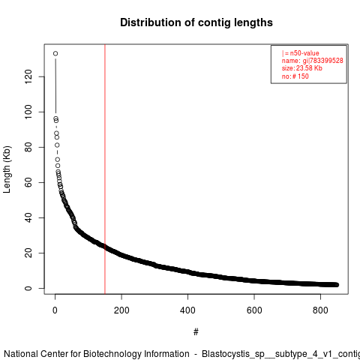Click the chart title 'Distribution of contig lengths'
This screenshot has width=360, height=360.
point(196,22)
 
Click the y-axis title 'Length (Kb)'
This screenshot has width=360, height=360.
point(7,169)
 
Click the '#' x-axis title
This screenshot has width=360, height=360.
point(196,332)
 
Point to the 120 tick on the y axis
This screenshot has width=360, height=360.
point(28,76)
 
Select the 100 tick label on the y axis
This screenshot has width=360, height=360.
point(28,112)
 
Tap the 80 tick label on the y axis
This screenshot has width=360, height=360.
point(28,147)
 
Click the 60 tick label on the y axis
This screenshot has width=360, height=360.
point(28,182)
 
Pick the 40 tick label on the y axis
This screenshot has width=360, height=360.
point(28,217)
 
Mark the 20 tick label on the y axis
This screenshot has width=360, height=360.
point(28,253)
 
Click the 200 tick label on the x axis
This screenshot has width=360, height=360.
point(121,310)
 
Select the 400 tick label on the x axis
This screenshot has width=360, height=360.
point(187,310)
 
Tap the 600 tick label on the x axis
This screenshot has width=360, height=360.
point(254,310)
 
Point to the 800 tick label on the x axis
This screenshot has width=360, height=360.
point(320,310)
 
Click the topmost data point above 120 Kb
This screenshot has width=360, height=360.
point(55,53)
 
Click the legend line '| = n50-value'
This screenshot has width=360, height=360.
point(300,53)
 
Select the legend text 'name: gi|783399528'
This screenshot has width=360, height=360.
point(312,61)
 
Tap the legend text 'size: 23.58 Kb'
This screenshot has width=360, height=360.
point(301,68)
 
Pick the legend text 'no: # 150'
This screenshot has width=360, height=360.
point(295,76)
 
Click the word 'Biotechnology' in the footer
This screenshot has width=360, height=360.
point(136,354)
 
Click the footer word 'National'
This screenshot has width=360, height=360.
point(21,354)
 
